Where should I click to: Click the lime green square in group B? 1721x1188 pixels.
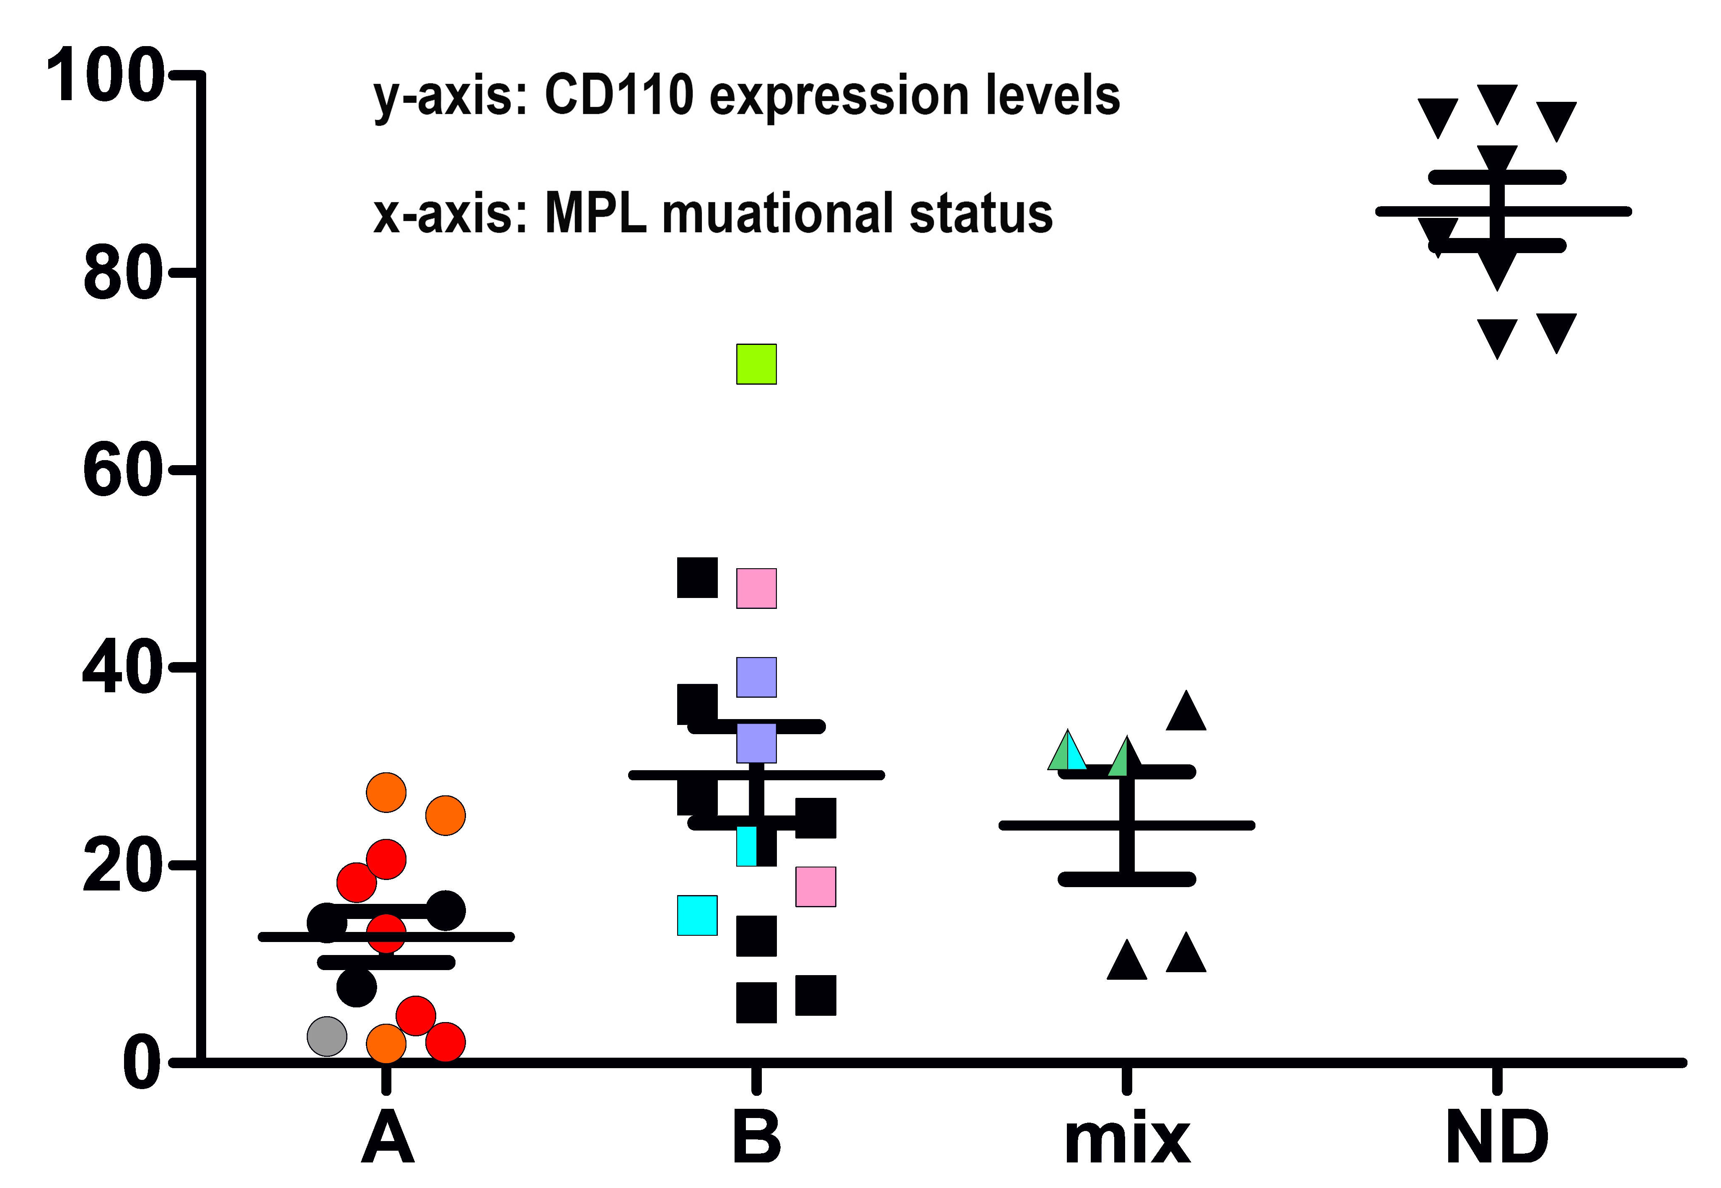(x=756, y=364)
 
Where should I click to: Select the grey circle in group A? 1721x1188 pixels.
(x=327, y=1035)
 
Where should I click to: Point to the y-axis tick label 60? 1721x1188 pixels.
(x=122, y=471)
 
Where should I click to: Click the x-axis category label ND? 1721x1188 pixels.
(x=1497, y=1137)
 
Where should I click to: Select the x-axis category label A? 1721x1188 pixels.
(x=387, y=1137)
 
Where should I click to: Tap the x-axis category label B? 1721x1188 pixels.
(x=756, y=1137)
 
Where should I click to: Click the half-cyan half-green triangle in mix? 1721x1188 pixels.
(x=1067, y=751)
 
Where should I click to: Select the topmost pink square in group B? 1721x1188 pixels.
(x=756, y=588)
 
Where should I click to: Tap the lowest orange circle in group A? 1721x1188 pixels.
(x=386, y=1043)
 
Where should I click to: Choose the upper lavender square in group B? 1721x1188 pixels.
(x=756, y=677)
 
